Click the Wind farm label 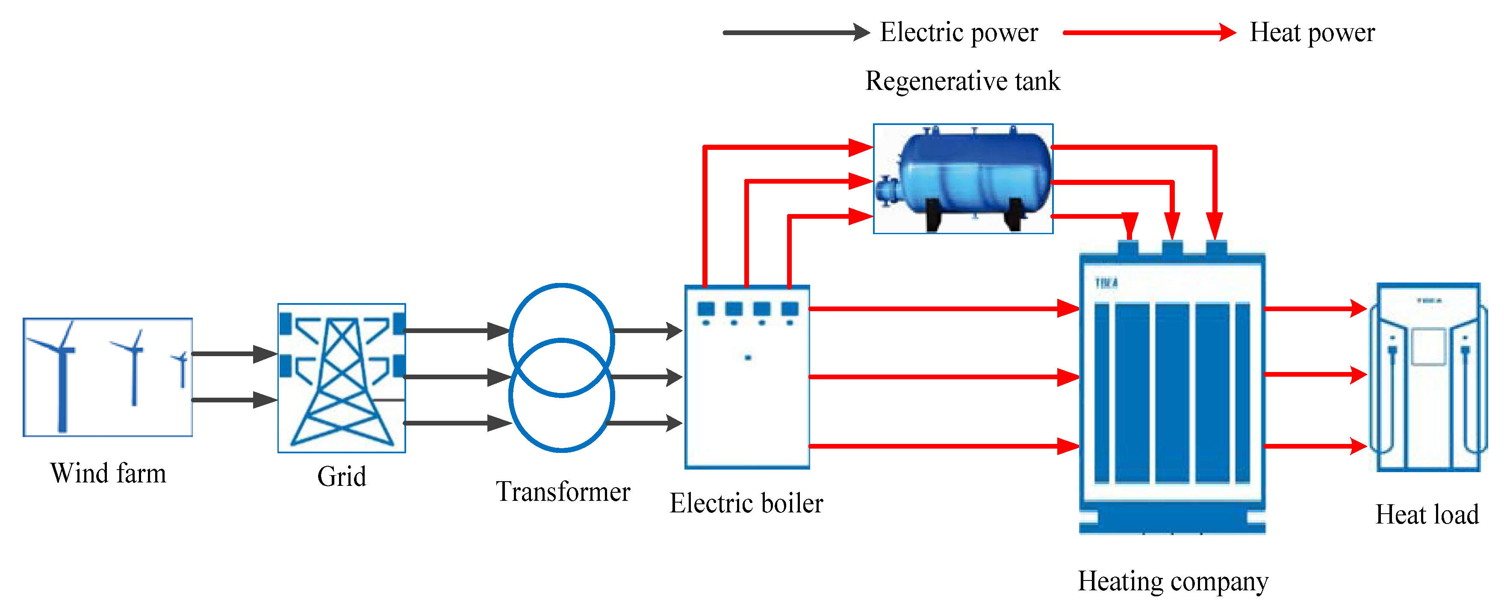tap(108, 473)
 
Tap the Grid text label tap(342, 476)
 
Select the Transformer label tap(563, 491)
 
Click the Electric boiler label tap(746, 503)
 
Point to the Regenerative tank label tap(962, 80)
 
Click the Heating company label tap(1172, 581)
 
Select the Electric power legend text tap(958, 32)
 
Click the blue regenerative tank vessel tap(974, 176)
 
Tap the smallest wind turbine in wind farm tap(182, 369)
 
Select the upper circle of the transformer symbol tap(561, 327)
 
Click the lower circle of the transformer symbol tap(561, 409)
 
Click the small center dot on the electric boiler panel tap(748, 357)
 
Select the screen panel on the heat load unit tap(1428, 347)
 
